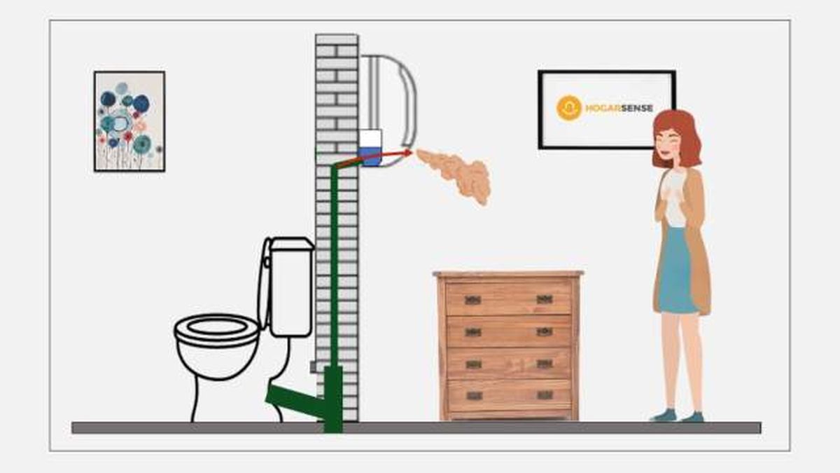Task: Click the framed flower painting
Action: tap(129, 121)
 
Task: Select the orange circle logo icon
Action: tap(568, 108)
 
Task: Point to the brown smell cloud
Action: tap(458, 173)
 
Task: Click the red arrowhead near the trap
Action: tap(407, 152)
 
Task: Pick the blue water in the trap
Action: tap(370, 157)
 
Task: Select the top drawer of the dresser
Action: tap(509, 299)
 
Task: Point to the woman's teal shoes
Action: tap(676, 416)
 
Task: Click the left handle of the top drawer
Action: tap(472, 300)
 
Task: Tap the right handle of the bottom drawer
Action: tap(545, 395)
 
